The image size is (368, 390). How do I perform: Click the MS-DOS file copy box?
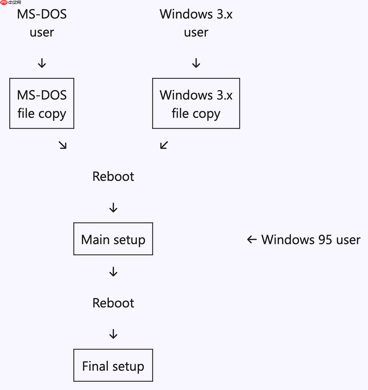point(42,103)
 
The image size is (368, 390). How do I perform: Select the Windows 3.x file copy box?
point(196,103)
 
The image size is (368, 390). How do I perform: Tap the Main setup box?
point(113,239)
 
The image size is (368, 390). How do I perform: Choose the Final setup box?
point(113,365)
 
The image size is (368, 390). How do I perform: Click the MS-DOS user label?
point(42,23)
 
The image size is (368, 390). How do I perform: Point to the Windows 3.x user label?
point(196,23)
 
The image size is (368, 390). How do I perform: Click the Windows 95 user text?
point(311,240)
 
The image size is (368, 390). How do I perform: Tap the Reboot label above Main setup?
point(113,176)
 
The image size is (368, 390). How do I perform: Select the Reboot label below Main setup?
point(113,303)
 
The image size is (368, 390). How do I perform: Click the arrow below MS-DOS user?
point(42,63)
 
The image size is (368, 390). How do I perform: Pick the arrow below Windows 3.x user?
point(196,63)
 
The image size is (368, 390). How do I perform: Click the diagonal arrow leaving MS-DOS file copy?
point(63,145)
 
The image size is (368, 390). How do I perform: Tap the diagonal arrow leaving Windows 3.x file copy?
point(164,145)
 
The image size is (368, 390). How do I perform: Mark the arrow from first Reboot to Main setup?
point(113,207)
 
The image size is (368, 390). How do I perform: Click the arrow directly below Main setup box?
point(113,272)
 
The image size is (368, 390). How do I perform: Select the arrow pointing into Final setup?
point(113,334)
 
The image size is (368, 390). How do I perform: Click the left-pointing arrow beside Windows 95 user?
point(252,240)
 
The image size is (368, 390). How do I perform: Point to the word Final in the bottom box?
point(95,366)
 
